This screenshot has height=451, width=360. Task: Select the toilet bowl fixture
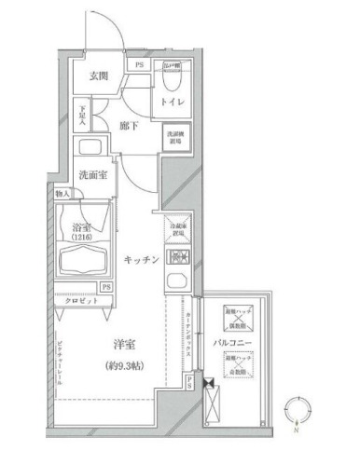click(x=173, y=71)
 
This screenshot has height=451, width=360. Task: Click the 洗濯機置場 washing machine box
click(x=175, y=136)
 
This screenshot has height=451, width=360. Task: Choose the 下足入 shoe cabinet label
click(x=83, y=116)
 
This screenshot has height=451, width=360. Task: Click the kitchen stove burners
click(x=177, y=257)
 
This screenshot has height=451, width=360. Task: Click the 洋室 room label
click(x=115, y=342)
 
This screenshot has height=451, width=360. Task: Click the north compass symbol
click(x=297, y=411)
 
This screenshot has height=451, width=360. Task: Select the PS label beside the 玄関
click(x=138, y=65)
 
